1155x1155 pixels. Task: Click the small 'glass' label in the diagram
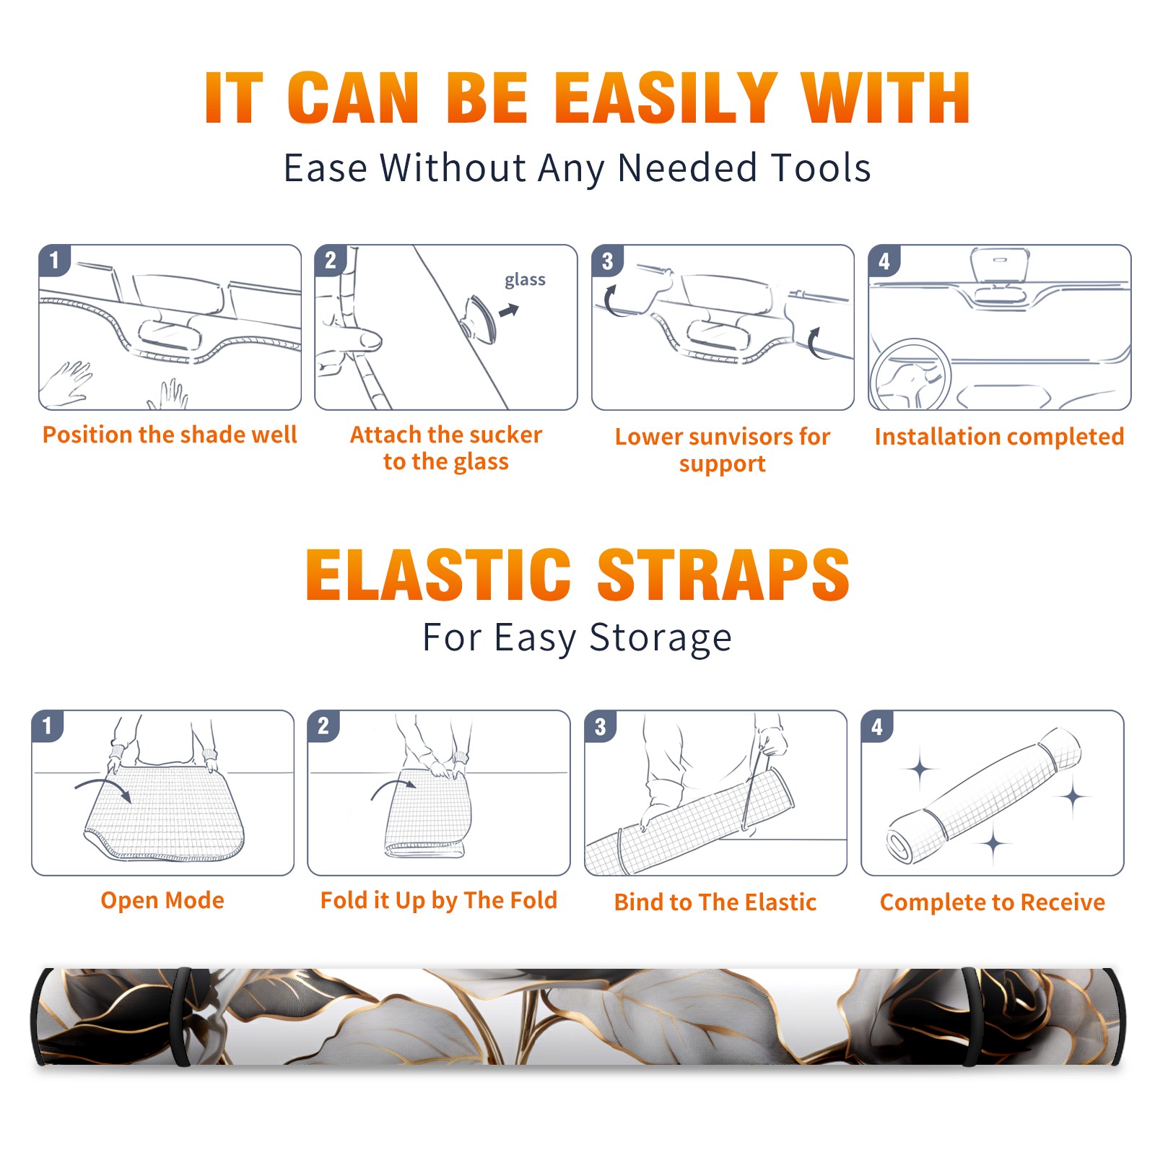(525, 280)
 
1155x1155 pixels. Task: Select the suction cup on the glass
(479, 318)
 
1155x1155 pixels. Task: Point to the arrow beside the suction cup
(509, 310)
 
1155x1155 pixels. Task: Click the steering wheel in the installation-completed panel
(910, 375)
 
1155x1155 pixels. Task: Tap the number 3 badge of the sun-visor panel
(607, 261)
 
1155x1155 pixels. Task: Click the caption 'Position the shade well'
(170, 435)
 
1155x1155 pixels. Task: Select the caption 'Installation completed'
(999, 436)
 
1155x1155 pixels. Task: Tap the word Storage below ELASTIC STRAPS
(661, 638)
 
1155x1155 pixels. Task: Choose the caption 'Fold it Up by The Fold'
(439, 900)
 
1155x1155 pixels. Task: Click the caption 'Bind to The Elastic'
(715, 902)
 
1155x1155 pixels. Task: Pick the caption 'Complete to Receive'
(993, 902)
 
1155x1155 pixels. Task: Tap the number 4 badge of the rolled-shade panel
(876, 726)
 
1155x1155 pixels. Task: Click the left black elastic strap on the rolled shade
(182, 1016)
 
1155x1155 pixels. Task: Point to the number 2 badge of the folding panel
(323, 726)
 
